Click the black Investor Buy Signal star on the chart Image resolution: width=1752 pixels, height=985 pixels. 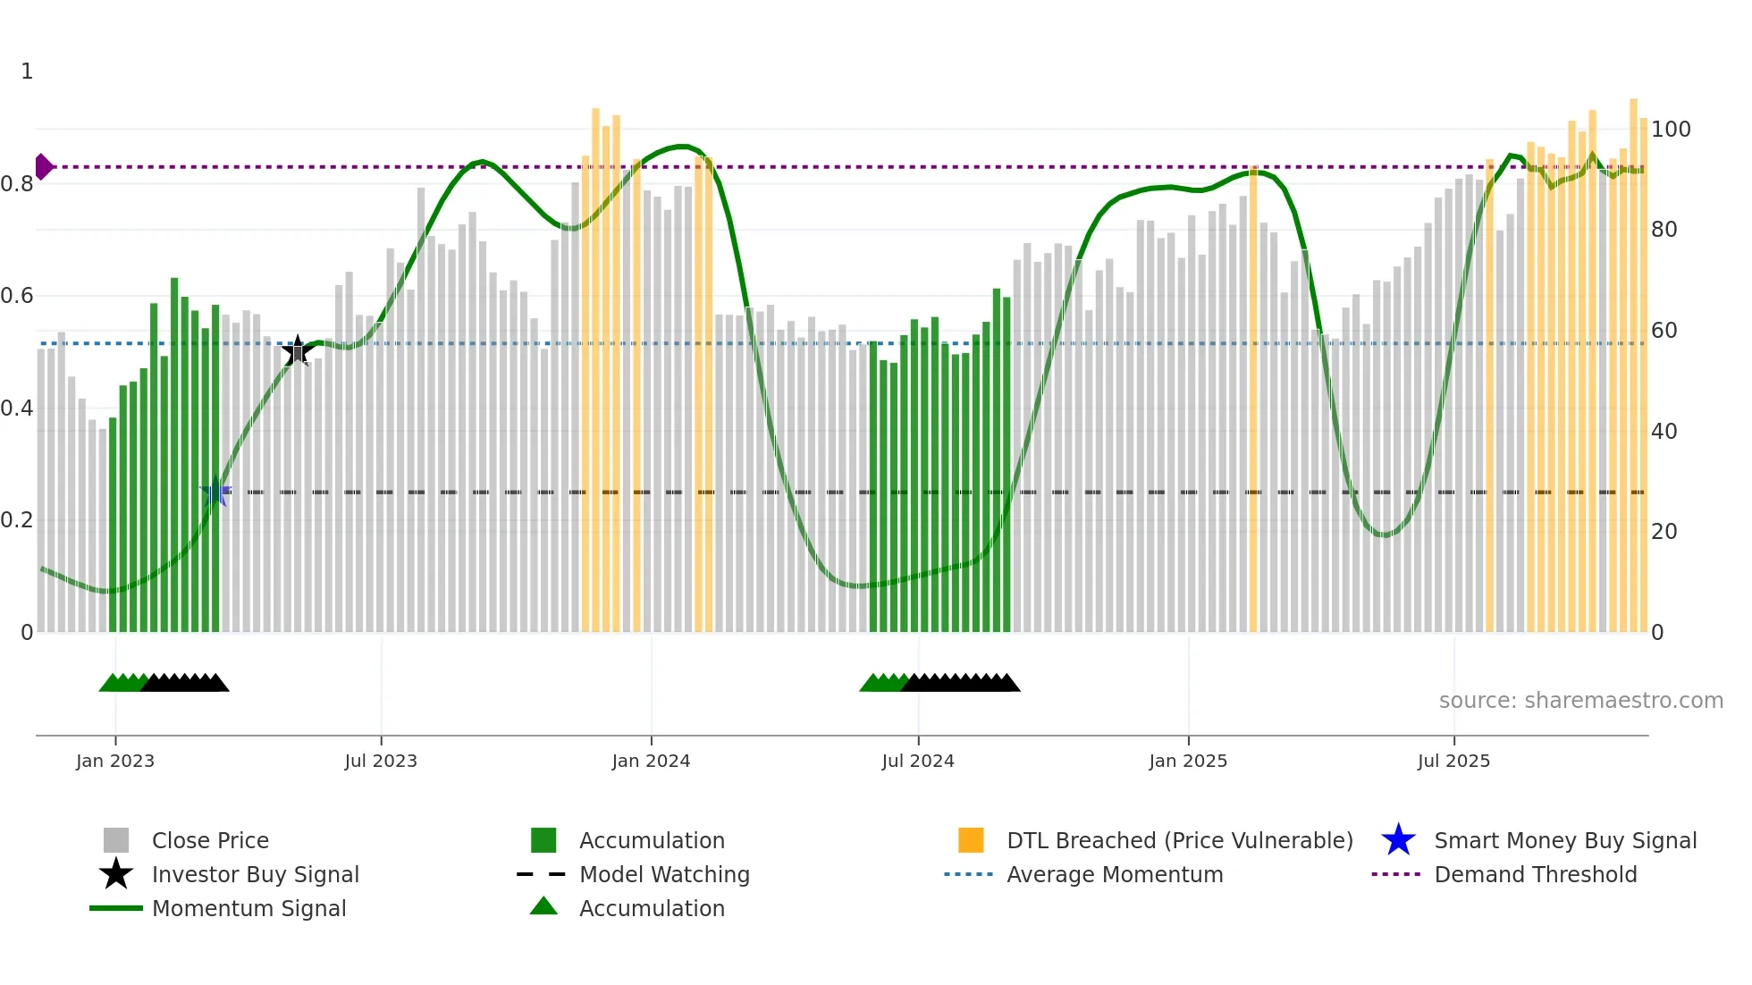(x=297, y=351)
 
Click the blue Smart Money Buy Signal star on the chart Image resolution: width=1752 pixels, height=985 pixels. (x=215, y=492)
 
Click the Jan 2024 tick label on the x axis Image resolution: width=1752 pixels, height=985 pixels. (x=651, y=761)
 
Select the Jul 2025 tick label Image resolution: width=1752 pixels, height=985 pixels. (x=1453, y=761)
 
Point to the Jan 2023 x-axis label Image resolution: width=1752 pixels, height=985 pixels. (x=115, y=761)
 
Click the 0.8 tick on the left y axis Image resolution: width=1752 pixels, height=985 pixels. (x=18, y=184)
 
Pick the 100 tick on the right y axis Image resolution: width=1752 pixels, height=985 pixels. (x=1670, y=130)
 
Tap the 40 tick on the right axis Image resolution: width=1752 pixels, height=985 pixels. (x=1664, y=432)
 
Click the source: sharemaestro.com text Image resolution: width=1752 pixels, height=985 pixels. (x=1580, y=701)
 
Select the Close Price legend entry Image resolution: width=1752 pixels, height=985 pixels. (x=210, y=841)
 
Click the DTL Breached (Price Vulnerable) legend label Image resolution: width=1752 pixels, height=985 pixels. (x=1179, y=841)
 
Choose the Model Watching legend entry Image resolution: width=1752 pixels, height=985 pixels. (x=664, y=875)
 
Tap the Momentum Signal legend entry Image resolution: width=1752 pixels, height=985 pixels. (x=248, y=909)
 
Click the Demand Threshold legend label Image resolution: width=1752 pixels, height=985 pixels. (x=1535, y=875)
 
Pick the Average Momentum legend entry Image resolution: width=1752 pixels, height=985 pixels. (x=1114, y=875)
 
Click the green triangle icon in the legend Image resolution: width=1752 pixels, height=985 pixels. (x=543, y=906)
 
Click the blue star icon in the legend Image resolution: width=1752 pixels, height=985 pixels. (x=1398, y=840)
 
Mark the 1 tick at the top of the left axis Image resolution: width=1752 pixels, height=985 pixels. (x=27, y=72)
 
